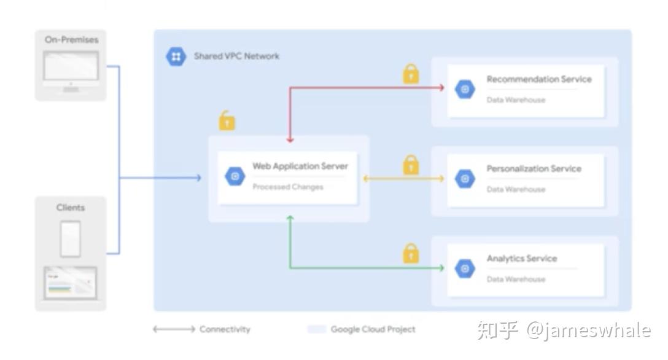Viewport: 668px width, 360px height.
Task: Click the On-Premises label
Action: click(71, 40)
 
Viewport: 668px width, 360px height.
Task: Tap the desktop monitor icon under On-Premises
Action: click(71, 69)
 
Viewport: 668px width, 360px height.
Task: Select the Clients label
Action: click(71, 208)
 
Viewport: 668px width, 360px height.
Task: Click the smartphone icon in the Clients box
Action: click(70, 238)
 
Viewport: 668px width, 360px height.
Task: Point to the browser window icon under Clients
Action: click(70, 283)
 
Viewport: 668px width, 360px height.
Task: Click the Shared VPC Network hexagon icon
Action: click(176, 57)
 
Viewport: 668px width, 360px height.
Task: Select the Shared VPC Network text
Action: click(236, 57)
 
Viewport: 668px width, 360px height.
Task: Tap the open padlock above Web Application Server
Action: click(227, 120)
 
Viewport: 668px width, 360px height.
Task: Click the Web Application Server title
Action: click(300, 166)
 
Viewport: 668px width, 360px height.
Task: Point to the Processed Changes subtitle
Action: click(287, 187)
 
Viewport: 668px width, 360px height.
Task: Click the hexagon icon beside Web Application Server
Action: click(235, 177)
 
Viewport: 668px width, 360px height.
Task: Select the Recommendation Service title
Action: click(538, 79)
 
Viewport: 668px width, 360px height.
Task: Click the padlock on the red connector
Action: click(411, 74)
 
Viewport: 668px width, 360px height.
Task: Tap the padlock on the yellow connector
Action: click(411, 165)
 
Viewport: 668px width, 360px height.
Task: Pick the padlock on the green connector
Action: click(411, 253)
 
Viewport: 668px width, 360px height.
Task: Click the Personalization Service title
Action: click(534, 169)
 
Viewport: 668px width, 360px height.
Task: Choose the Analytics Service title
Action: click(521, 259)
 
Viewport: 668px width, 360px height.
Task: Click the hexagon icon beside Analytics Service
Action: click(465, 268)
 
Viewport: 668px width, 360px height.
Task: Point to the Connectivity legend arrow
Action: click(174, 329)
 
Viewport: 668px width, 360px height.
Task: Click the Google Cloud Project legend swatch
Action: click(316, 329)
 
